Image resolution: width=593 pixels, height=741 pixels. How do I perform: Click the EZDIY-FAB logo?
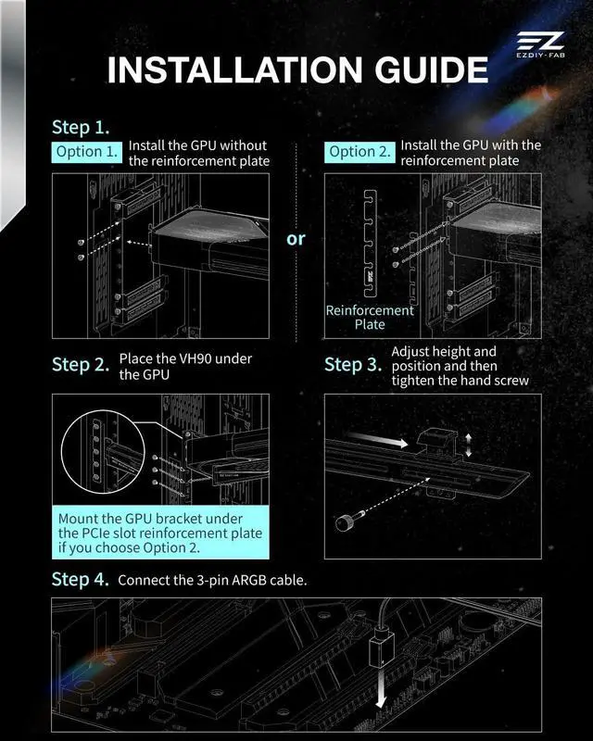[540, 44]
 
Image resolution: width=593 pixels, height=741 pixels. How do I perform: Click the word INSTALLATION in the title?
[235, 70]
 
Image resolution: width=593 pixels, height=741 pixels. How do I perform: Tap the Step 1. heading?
[81, 128]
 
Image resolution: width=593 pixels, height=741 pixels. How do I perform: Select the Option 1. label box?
[86, 152]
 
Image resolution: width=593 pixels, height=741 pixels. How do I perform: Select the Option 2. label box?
[360, 152]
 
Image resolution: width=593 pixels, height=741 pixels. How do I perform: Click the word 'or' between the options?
[296, 239]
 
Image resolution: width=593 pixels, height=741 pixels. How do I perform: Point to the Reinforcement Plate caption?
[370, 317]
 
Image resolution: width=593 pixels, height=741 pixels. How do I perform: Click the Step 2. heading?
[81, 364]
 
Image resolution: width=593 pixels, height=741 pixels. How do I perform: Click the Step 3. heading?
[353, 364]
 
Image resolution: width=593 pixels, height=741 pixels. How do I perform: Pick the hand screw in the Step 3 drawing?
[347, 521]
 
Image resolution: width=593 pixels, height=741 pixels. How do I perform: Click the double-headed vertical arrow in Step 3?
[468, 446]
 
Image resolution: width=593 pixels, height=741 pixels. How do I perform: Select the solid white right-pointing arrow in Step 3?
[377, 439]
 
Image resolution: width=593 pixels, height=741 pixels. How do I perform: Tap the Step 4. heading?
[81, 580]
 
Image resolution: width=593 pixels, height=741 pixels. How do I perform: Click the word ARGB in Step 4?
[249, 581]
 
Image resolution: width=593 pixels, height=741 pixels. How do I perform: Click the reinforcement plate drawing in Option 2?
[371, 244]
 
